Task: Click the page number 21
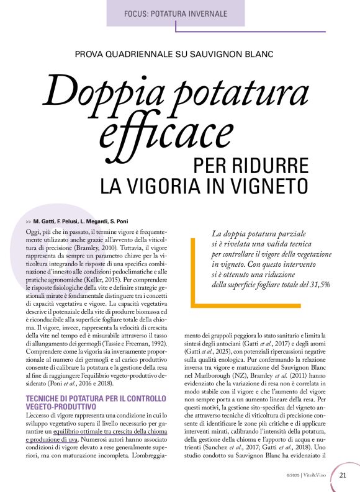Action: [x=343, y=476]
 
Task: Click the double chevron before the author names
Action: [x=29, y=221]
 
